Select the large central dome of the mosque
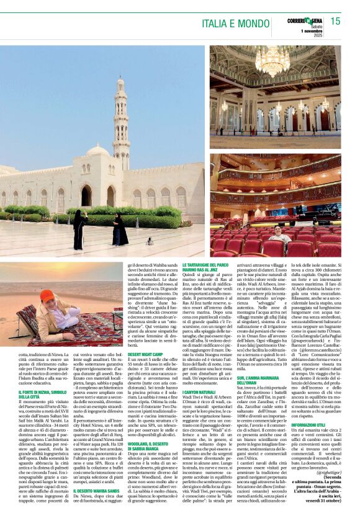click(x=98, y=151)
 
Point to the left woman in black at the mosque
click(x=79, y=228)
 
